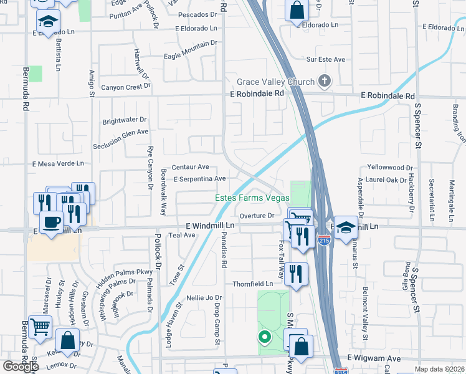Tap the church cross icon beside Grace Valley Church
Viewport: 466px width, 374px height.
[x=324, y=81]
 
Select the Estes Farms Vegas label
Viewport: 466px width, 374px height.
[x=252, y=198]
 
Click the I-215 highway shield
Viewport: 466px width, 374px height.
[x=324, y=240]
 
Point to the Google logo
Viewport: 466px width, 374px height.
[x=21, y=367]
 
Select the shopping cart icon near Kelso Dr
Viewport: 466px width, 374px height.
[x=40, y=325]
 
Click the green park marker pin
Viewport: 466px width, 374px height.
[x=265, y=338]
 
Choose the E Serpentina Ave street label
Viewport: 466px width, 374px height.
[x=199, y=179]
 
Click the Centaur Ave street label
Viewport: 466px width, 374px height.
[x=191, y=167]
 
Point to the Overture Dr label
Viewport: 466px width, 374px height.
[x=257, y=216]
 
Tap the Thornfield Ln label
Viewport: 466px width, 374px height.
[x=253, y=284]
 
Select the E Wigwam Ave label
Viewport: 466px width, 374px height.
[x=374, y=358]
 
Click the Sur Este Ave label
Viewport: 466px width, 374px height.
[x=325, y=59]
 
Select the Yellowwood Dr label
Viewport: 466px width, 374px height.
[x=390, y=168]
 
